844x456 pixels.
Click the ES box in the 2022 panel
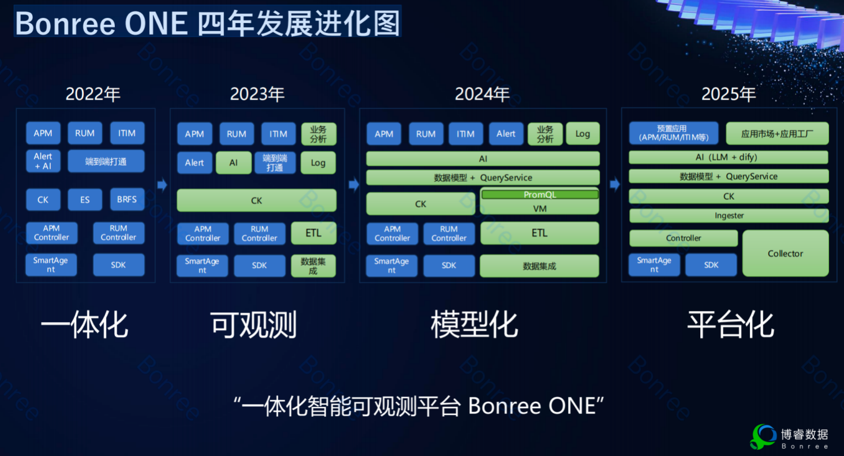coord(85,199)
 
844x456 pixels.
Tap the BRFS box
coord(127,199)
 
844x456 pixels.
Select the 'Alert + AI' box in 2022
coord(43,161)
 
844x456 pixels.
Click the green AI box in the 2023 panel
coord(234,162)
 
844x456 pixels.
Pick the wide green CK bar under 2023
coord(256,200)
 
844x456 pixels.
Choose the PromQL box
coord(540,195)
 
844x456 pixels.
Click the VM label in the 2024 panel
coord(540,208)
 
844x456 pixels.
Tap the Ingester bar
coord(729,215)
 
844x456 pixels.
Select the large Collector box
coord(785,253)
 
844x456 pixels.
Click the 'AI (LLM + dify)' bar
coord(729,157)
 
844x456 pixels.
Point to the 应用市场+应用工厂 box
coord(777,133)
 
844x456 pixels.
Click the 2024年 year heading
coord(482,94)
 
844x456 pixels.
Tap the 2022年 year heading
coord(93,94)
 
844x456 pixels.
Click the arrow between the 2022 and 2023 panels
coord(162,185)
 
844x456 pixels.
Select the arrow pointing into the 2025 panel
coord(615,184)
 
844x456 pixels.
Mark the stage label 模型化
coord(475,324)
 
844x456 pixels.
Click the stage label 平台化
coord(731,324)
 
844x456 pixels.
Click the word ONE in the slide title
coord(156,23)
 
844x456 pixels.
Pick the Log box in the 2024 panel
coord(582,133)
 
